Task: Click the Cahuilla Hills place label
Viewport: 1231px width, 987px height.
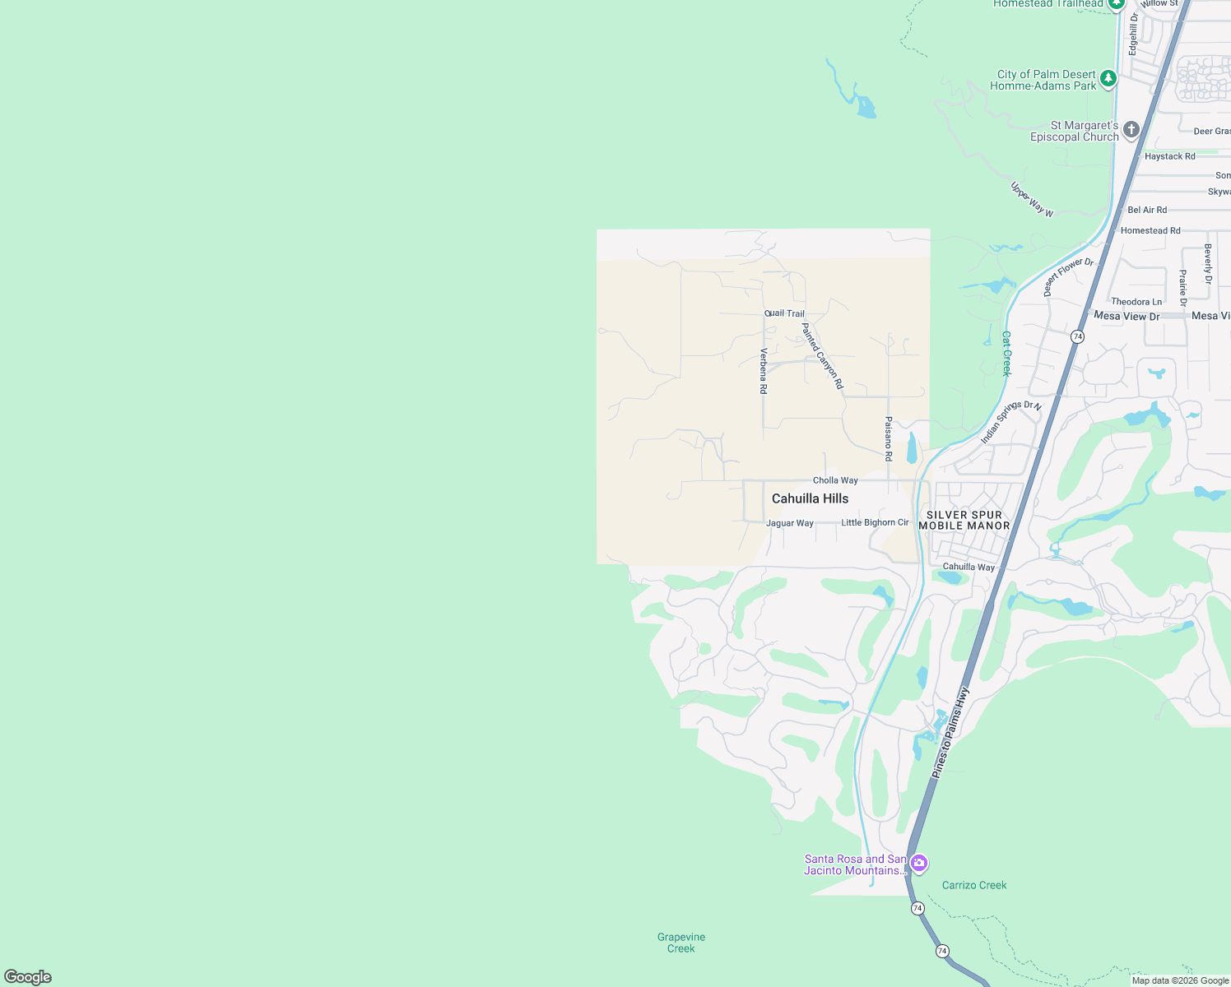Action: [810, 498]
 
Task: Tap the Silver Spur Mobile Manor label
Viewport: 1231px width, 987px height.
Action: [964, 521]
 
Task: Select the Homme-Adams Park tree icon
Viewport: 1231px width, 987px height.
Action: [1108, 79]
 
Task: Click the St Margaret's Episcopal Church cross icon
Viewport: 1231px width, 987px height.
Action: [1131, 129]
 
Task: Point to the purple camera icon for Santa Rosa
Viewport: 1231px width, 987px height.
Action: [919, 863]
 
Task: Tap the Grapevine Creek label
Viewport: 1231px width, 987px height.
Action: [681, 943]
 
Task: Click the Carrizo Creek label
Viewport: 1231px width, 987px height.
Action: [974, 885]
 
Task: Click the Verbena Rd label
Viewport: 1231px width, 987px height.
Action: [764, 371]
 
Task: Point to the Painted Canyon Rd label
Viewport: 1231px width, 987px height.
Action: [822, 355]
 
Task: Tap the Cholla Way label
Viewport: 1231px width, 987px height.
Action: [835, 480]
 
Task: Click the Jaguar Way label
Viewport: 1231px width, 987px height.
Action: [790, 523]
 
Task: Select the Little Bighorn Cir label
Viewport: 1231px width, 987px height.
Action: [875, 522]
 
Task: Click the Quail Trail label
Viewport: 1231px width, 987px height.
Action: [785, 313]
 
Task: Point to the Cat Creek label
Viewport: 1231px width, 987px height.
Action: [1006, 354]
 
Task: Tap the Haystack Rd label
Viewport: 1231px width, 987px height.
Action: [1169, 156]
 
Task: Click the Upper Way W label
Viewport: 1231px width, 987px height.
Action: [1032, 199]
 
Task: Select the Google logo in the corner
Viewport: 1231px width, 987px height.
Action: [28, 977]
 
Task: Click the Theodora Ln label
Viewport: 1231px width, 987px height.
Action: [1136, 302]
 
